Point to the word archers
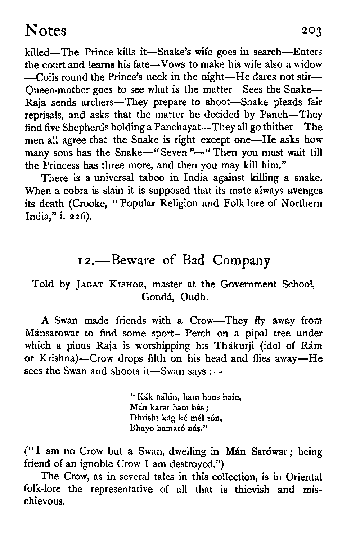[96, 102]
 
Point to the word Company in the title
[241, 260]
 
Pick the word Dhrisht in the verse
[142, 418]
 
